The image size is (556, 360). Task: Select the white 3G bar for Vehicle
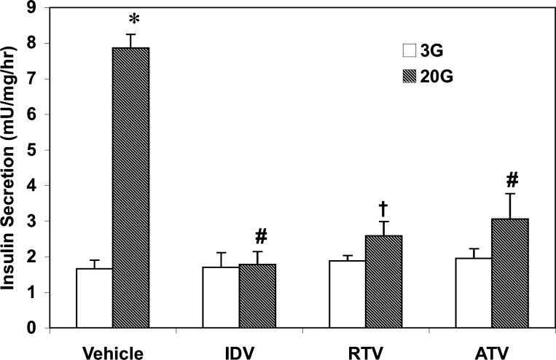tap(94, 298)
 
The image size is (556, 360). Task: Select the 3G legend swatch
tap(409, 51)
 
